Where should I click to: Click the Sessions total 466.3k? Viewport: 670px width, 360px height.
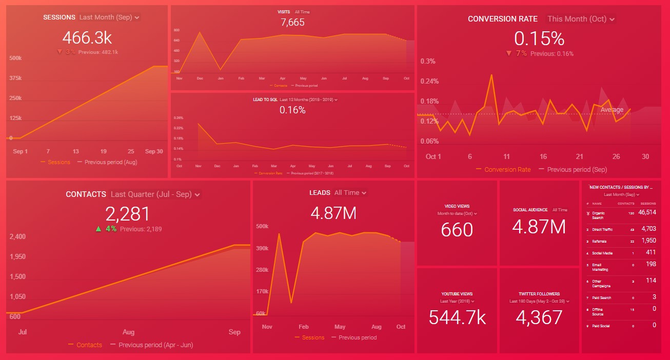click(87, 37)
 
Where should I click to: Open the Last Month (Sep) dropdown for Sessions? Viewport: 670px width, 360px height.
click(109, 17)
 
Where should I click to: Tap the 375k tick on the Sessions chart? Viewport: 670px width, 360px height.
click(15, 78)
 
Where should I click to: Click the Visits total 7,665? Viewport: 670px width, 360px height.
click(292, 22)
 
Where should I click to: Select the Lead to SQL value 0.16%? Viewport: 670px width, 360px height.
click(292, 110)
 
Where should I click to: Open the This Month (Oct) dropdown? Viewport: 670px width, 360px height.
click(581, 19)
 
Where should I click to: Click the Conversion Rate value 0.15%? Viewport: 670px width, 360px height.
click(539, 39)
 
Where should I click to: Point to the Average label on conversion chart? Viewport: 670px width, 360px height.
click(612, 110)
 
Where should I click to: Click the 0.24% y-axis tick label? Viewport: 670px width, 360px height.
click(430, 81)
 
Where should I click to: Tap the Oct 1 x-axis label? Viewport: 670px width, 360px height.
click(433, 156)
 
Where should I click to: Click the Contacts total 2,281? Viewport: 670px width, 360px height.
click(128, 214)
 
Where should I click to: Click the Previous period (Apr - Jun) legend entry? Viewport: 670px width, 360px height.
click(155, 345)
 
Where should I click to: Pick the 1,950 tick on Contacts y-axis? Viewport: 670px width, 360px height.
click(17, 256)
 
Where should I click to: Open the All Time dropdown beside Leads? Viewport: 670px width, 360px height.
click(350, 193)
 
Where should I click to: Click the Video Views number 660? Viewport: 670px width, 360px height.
click(457, 229)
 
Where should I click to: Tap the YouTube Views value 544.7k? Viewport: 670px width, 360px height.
click(457, 317)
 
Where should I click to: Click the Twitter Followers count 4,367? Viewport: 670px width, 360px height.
click(539, 317)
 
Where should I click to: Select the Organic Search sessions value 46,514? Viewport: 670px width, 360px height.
click(647, 212)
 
